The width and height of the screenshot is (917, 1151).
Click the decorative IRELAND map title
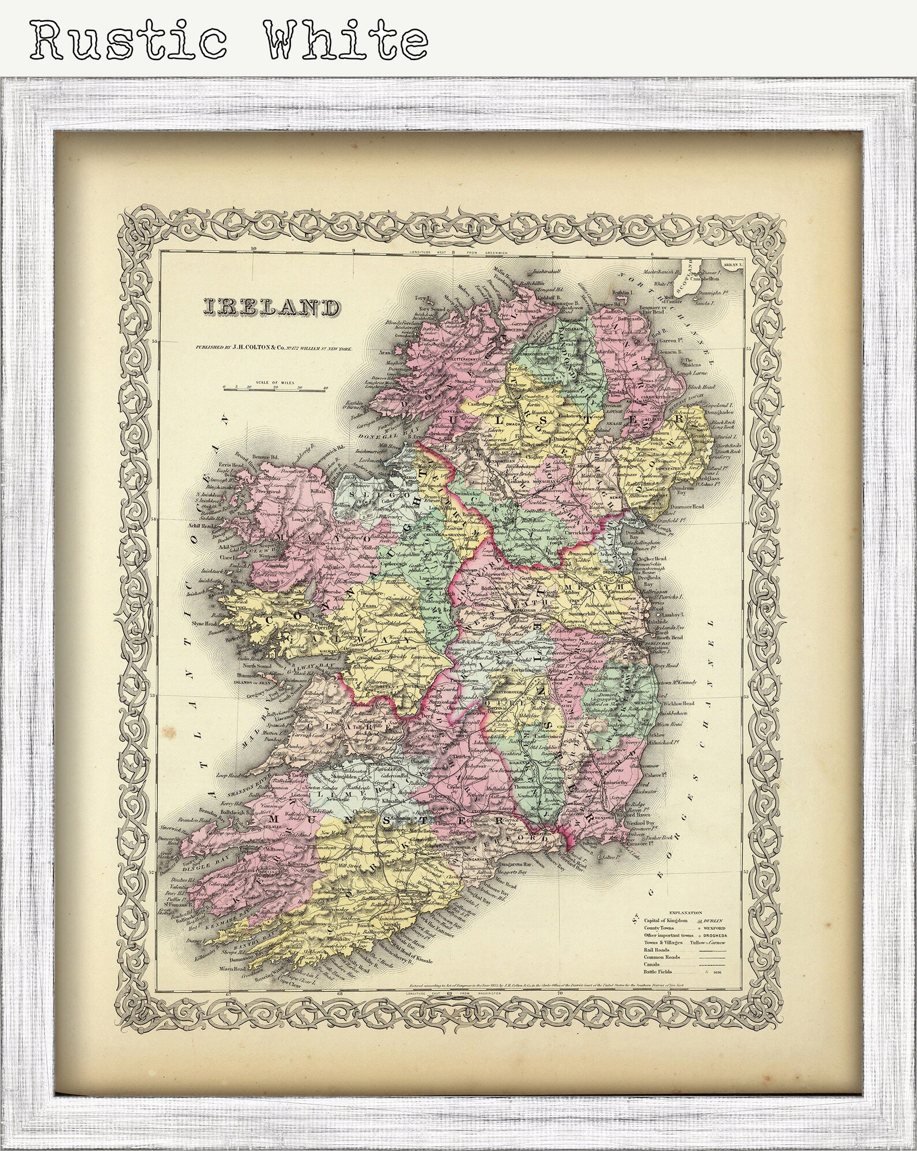(x=270, y=308)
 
